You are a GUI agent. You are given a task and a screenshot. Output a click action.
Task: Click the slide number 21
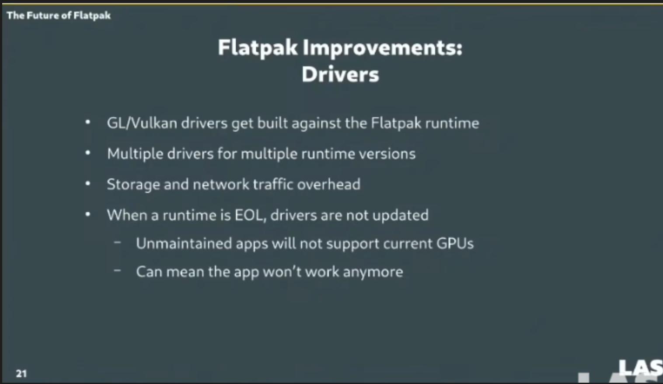pyautogui.click(x=21, y=374)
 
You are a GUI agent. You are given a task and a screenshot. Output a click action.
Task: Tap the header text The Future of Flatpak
pyautogui.click(x=59, y=15)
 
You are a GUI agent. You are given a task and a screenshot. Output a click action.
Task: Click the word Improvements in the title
pyautogui.click(x=382, y=48)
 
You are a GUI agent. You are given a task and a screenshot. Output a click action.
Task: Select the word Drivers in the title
pyautogui.click(x=340, y=74)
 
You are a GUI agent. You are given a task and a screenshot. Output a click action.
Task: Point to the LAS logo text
pyautogui.click(x=641, y=368)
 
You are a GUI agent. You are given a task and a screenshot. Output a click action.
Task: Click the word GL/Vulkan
pyautogui.click(x=142, y=123)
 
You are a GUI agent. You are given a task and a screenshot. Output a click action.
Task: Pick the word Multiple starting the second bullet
pyautogui.click(x=135, y=154)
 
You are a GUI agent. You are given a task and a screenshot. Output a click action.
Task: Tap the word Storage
pyautogui.click(x=133, y=185)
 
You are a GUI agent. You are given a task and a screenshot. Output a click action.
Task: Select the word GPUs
pyautogui.click(x=455, y=243)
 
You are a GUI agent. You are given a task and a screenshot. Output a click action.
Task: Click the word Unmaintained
pyautogui.click(x=184, y=243)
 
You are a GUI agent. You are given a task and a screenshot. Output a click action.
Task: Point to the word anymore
pyautogui.click(x=373, y=272)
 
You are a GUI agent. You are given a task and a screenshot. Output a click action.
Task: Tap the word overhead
pyautogui.click(x=329, y=184)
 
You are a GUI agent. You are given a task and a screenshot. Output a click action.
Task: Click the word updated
pyautogui.click(x=401, y=215)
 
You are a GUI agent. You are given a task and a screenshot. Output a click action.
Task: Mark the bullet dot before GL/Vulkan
pyautogui.click(x=87, y=122)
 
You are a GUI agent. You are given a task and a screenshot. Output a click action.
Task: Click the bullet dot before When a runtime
pyautogui.click(x=87, y=214)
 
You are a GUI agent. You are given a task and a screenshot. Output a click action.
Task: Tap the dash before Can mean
pyautogui.click(x=117, y=270)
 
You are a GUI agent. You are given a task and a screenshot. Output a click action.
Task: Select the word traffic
pyautogui.click(x=273, y=184)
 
